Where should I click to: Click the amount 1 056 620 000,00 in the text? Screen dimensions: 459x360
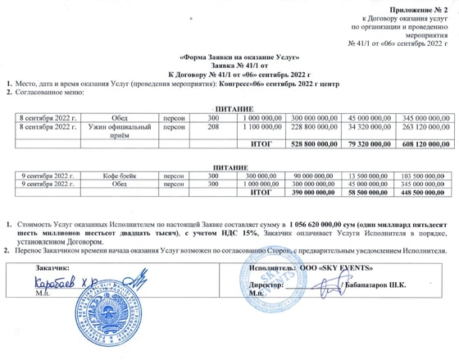tap(323, 223)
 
